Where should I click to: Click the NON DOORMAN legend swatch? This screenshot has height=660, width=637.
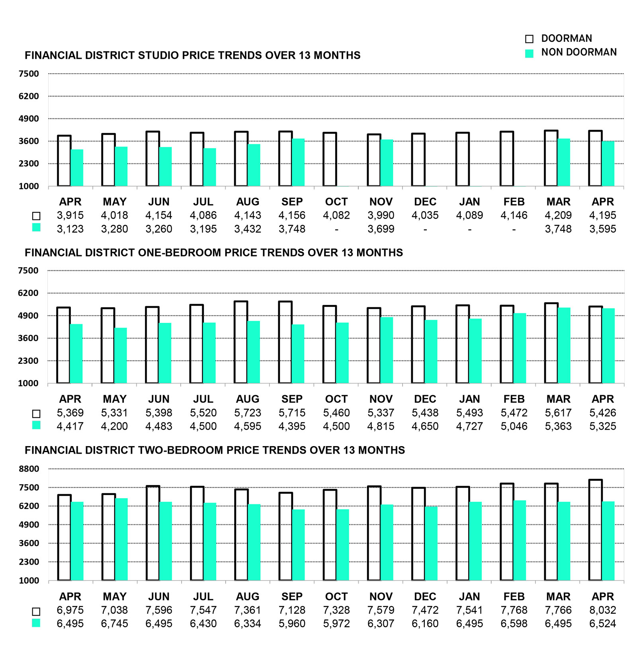(529, 53)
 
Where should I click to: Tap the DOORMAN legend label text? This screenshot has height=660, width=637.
(567, 39)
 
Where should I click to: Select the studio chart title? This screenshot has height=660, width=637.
(193, 55)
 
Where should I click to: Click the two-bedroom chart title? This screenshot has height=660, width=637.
(215, 450)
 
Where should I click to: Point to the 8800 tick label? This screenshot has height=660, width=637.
(29, 469)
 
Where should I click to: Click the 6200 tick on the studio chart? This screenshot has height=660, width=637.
(29, 96)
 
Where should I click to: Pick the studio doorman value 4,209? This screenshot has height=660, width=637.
(558, 215)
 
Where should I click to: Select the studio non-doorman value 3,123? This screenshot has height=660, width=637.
(70, 229)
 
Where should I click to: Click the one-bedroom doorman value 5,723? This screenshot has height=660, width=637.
(248, 413)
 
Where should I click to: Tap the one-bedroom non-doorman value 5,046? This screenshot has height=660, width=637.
(514, 426)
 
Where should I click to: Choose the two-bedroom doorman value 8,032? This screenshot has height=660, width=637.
(603, 610)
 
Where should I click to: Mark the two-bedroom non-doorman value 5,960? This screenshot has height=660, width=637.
(292, 623)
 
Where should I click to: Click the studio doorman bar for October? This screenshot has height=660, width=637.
(330, 159)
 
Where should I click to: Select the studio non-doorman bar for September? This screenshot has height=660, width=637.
(298, 162)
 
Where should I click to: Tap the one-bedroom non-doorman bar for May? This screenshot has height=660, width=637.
(121, 355)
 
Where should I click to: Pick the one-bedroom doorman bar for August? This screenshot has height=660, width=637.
(241, 342)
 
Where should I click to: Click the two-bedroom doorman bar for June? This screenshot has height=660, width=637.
(153, 533)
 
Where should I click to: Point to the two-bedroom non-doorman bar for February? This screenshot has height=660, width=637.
(520, 540)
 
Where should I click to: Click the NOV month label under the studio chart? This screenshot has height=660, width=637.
(381, 202)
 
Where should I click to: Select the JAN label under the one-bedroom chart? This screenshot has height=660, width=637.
(470, 399)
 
